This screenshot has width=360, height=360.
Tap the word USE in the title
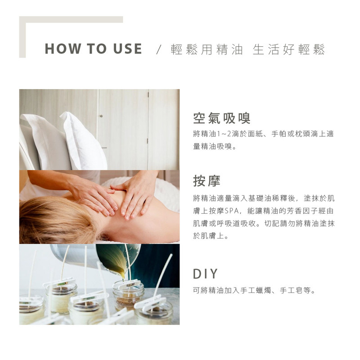pyautogui.click(x=128, y=49)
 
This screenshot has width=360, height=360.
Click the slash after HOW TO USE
pyautogui.click(x=158, y=49)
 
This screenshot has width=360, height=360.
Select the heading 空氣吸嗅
pyautogui.click(x=221, y=118)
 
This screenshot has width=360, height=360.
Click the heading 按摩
pyautogui.click(x=207, y=180)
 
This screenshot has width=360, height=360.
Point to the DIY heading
pyautogui.click(x=205, y=274)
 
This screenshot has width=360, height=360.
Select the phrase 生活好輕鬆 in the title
pyautogui.click(x=289, y=49)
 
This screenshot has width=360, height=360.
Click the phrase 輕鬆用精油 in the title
pyautogui.click(x=207, y=49)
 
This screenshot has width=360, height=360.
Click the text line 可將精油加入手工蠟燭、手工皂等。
pyautogui.click(x=254, y=290)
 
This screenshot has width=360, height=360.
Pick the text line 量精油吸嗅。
pyautogui.click(x=215, y=146)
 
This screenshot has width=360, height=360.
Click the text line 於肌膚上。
pyautogui.click(x=211, y=236)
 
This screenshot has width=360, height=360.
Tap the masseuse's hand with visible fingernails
pyautogui.click(x=133, y=193)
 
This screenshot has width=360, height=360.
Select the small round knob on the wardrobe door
pyautogui.click(x=101, y=117)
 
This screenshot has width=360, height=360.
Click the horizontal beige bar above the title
pyautogui.click(x=71, y=19)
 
